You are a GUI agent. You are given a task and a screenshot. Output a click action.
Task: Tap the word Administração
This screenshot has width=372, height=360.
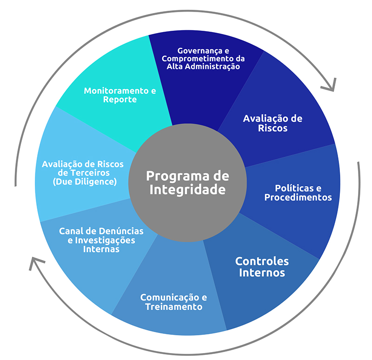[x=213, y=67]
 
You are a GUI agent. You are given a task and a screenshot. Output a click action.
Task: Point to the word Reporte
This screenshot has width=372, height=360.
[x=120, y=100]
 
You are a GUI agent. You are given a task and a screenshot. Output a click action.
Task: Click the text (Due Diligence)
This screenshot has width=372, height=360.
[x=85, y=182]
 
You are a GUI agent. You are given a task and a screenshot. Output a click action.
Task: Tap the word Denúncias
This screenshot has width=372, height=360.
[x=121, y=231]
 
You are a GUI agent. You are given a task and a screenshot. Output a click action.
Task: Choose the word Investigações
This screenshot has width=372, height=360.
[x=105, y=240]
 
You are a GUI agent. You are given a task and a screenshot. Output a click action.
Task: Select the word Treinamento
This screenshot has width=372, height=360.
[x=174, y=307]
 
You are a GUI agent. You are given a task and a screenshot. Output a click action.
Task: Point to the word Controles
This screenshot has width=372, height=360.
[x=262, y=261]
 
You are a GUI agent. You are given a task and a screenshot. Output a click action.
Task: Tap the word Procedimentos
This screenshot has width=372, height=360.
[x=298, y=197]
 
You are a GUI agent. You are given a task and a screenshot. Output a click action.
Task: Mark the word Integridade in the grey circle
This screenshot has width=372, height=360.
[x=187, y=190]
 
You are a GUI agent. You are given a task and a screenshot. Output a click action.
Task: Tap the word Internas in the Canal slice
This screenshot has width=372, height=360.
[x=101, y=249]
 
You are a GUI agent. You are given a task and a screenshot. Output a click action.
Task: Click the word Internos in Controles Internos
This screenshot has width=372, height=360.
[x=262, y=273]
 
